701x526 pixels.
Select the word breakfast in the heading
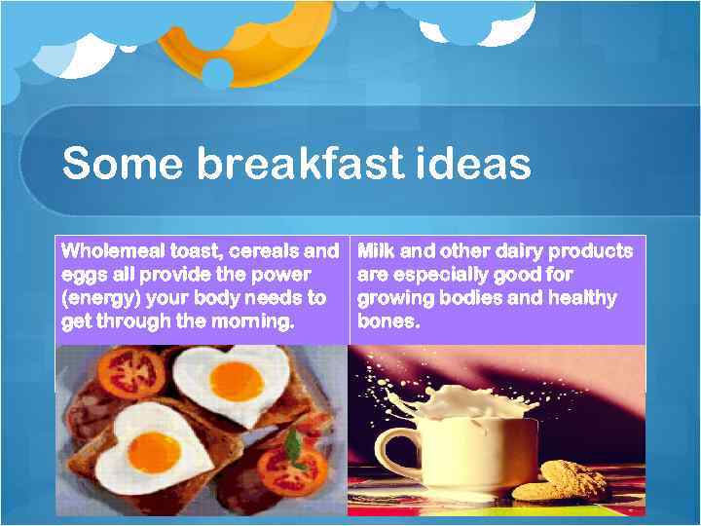(298, 164)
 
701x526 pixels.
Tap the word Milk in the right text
(380, 251)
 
